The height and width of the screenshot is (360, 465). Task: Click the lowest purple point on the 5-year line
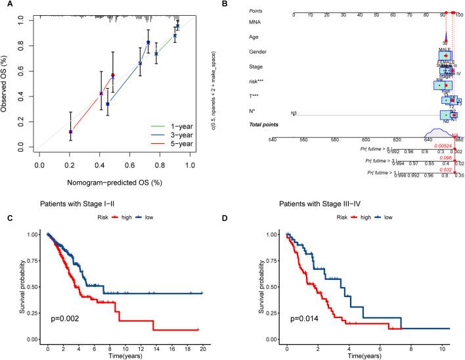tap(70, 132)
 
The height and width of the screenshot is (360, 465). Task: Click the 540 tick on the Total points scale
tap(272, 139)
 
